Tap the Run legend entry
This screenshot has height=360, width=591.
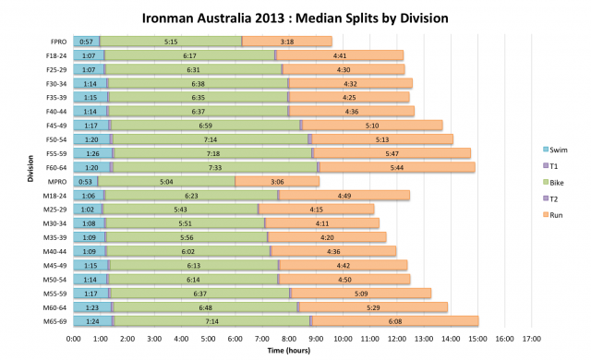pyautogui.click(x=558, y=214)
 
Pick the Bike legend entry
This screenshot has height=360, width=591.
pyautogui.click(x=558, y=182)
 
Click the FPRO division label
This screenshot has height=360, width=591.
pyautogui.click(x=58, y=42)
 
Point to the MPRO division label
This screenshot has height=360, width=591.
pyautogui.click(x=57, y=181)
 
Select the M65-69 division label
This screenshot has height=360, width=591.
pyautogui.click(x=54, y=320)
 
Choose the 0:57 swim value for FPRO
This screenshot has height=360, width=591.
pyautogui.click(x=86, y=42)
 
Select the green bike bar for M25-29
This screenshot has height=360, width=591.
pyautogui.click(x=180, y=209)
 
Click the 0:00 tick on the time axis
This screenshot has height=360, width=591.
pyautogui.click(x=74, y=339)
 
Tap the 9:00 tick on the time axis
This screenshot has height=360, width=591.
pyautogui.click(x=316, y=339)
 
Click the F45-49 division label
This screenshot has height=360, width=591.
pyautogui.click(x=55, y=126)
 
